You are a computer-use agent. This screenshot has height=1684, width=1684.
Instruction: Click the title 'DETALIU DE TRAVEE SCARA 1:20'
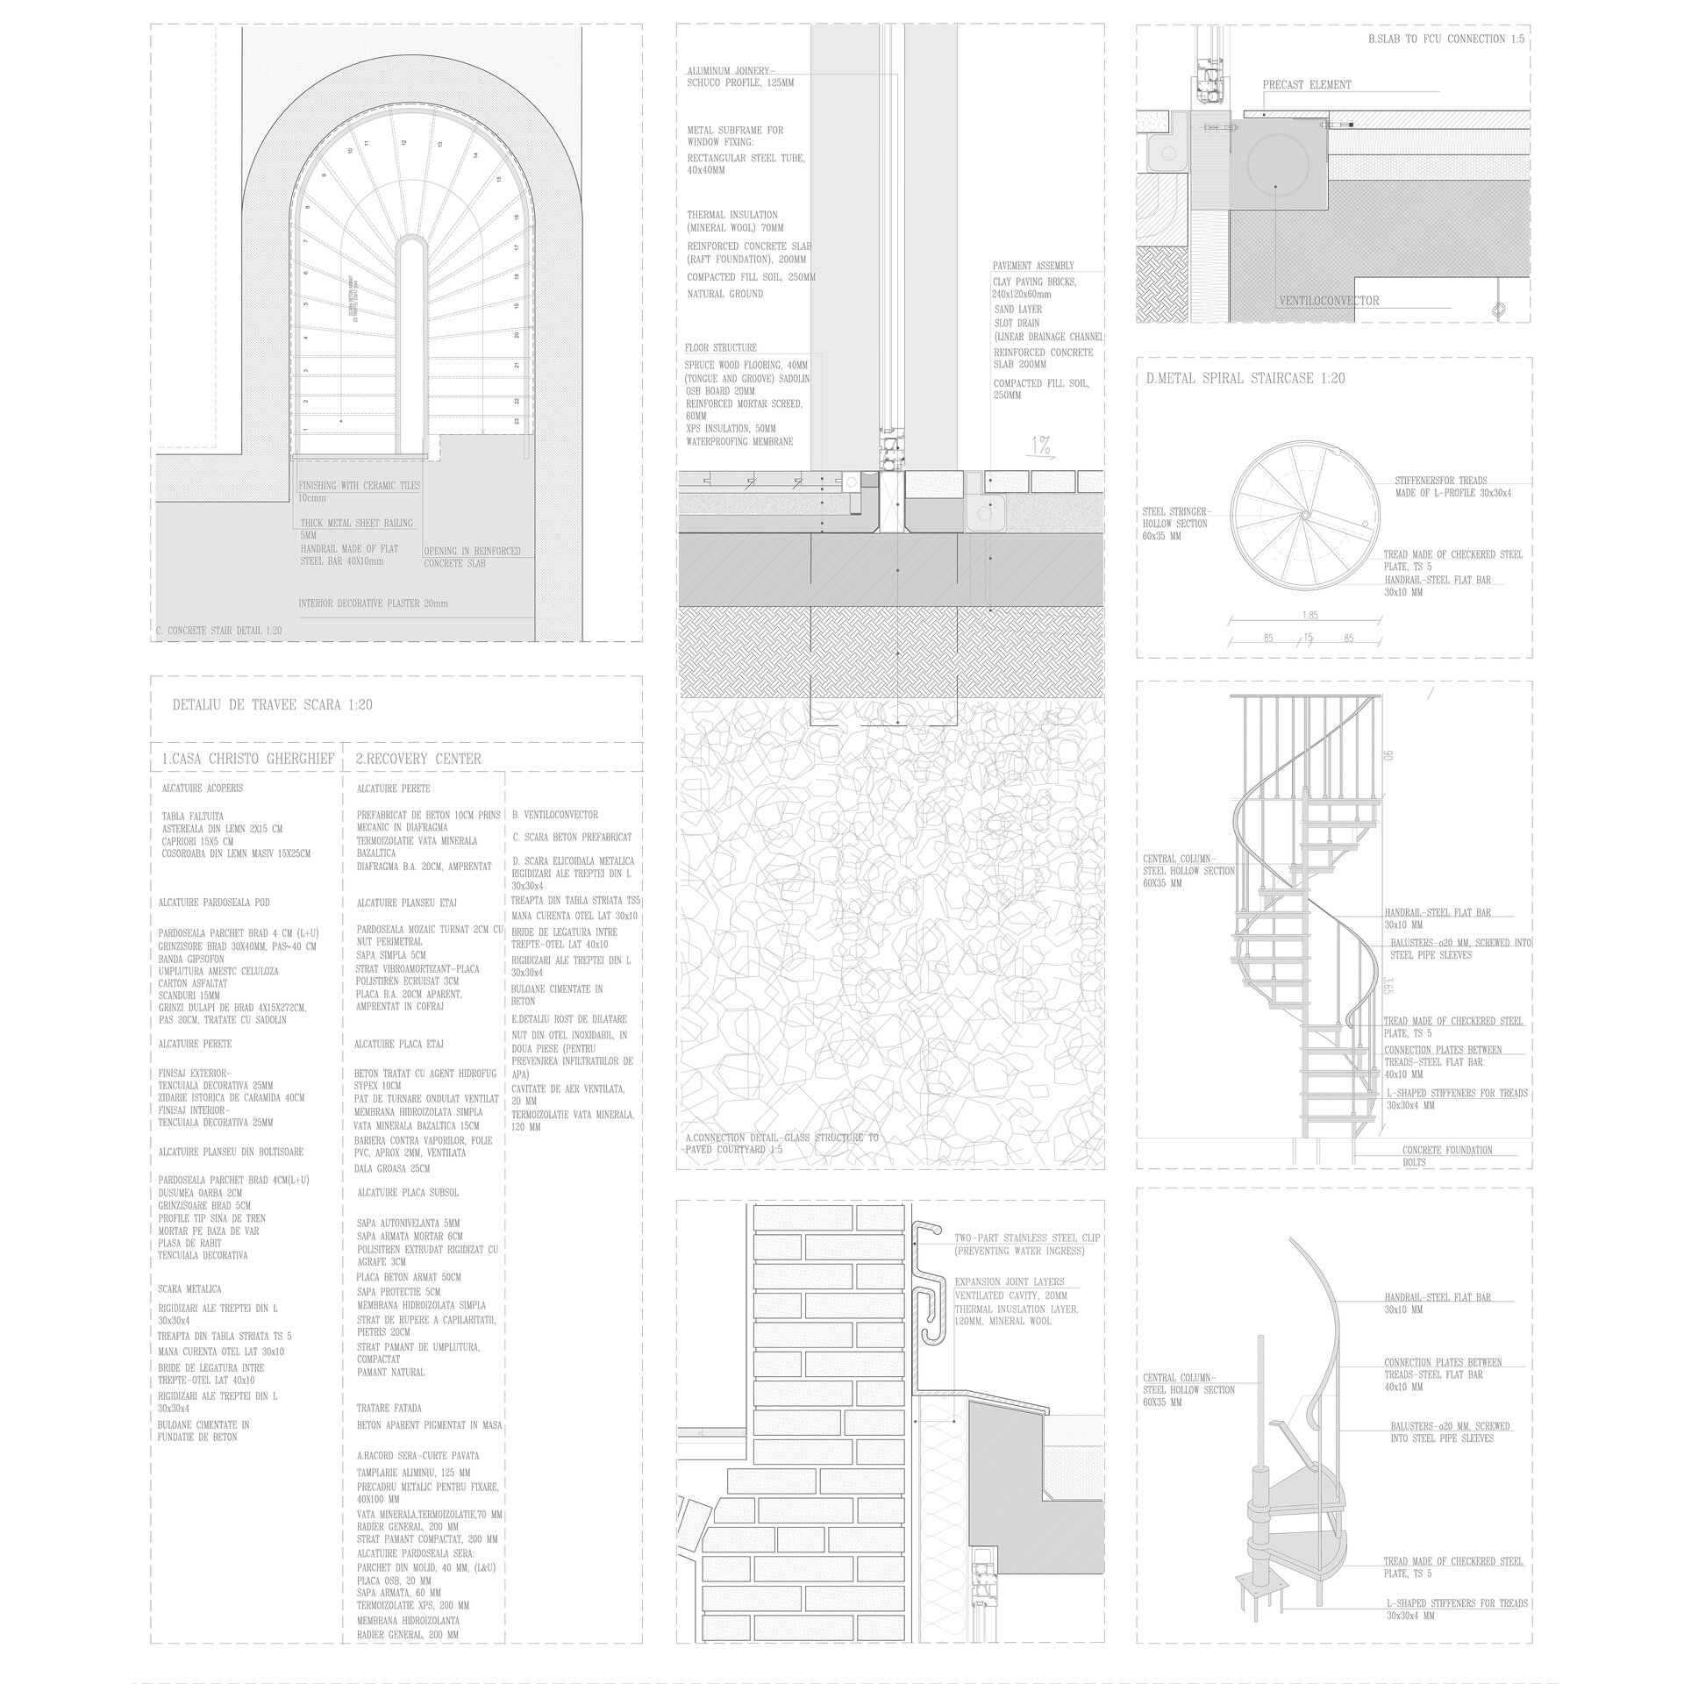tap(272, 705)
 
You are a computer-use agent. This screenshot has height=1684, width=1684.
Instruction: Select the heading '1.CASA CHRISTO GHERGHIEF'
tap(247, 759)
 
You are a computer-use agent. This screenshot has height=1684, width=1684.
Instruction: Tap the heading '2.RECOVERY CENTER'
tap(418, 759)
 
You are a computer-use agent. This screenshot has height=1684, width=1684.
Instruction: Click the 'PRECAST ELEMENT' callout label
tap(1307, 85)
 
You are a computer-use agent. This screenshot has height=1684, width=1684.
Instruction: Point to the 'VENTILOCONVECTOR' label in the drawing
tap(1329, 301)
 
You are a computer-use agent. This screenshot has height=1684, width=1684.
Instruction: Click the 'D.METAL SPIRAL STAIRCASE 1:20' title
tap(1245, 379)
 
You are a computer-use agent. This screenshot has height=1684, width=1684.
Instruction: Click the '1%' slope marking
tap(1041, 446)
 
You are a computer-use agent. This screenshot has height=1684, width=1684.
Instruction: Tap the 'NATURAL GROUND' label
tap(724, 294)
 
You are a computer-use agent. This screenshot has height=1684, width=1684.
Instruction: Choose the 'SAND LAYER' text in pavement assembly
tap(1017, 310)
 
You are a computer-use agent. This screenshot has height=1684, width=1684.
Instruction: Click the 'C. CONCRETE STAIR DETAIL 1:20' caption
tap(218, 631)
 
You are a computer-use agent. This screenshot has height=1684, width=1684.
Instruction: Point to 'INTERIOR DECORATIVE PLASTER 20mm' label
tap(373, 604)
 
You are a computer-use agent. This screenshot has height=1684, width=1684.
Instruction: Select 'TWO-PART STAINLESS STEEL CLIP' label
tap(1027, 1238)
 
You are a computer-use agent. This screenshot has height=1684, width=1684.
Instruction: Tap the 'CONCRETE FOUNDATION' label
tap(1446, 1150)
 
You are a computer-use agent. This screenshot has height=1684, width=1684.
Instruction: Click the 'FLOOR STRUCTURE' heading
tap(721, 348)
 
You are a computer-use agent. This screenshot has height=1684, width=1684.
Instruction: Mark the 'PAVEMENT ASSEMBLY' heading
tap(1032, 266)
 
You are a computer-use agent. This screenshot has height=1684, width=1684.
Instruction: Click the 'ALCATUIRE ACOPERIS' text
tap(202, 788)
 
